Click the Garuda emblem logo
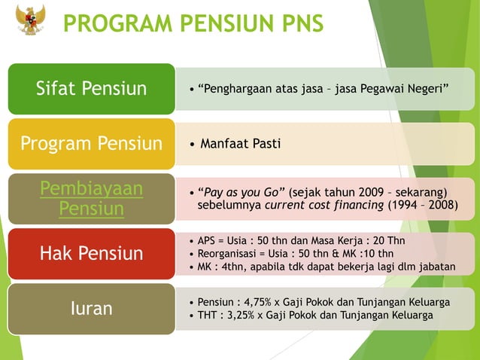31,20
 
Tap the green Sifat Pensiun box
91,89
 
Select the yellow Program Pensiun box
91,143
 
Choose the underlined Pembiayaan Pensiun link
91,198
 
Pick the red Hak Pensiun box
91,253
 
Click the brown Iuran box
91,308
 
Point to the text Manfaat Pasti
240,143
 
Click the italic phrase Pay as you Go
244,191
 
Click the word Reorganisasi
228,253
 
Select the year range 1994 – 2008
427,204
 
